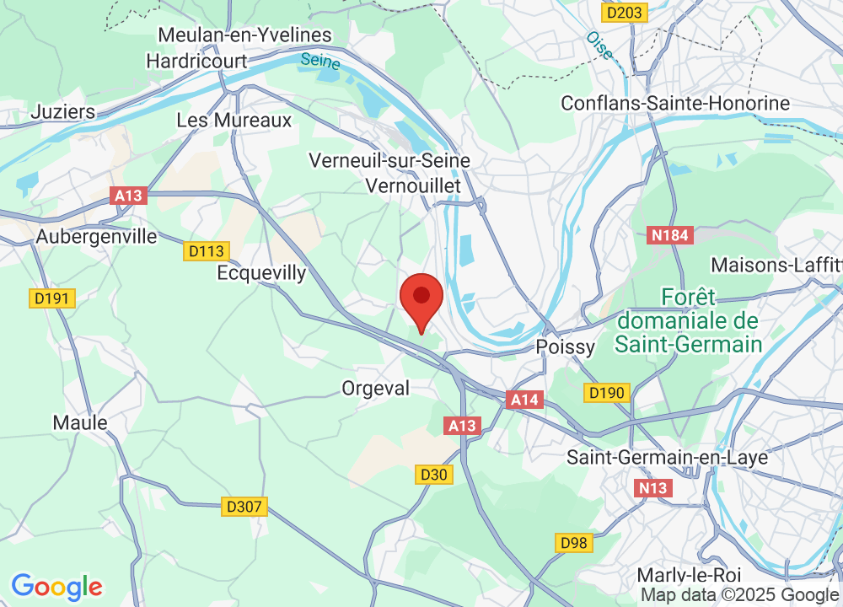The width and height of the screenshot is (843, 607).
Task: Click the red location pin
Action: coord(421,301)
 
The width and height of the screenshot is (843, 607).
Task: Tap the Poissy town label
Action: coord(566,347)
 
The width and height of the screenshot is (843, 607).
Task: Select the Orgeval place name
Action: coord(376,388)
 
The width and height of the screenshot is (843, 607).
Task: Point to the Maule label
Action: coord(80,422)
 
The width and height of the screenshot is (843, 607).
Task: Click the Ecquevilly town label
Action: coord(261,273)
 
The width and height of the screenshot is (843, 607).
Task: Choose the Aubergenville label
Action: coord(97,237)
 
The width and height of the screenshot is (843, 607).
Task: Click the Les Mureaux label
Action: coord(234,121)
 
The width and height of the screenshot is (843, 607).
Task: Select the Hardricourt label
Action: coord(197,61)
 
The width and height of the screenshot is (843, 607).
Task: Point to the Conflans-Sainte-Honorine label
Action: coord(676,104)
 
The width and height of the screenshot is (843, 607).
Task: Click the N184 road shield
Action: coord(670,237)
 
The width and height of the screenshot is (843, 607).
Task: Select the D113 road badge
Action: coord(206,250)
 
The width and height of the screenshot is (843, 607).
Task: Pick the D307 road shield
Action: coord(245,507)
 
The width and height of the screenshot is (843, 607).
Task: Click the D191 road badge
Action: coord(53,298)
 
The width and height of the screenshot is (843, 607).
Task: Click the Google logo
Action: coord(56,587)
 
